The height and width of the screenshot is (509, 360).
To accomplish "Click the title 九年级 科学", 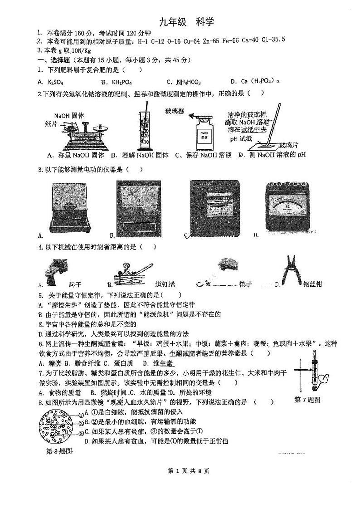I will pos(186,22).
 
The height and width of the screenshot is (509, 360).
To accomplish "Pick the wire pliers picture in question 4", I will pos(290,271).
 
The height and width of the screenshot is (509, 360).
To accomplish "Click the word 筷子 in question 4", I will pos(246,284).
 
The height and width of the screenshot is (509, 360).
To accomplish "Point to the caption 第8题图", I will pos(59,452).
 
